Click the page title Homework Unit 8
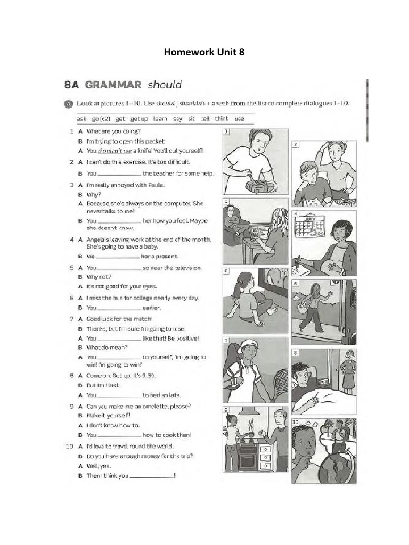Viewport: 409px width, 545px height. pyautogui.click(x=204, y=52)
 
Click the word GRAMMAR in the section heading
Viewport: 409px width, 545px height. pyautogui.click(x=113, y=84)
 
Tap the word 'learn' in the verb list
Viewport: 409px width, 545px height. pyautogui.click(x=160, y=119)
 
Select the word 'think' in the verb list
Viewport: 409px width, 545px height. pyautogui.click(x=222, y=119)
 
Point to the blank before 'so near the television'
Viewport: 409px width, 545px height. pyautogui.click(x=119, y=269)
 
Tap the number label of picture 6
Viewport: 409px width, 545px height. pyautogui.click(x=296, y=283)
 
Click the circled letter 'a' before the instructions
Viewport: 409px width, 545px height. pyautogui.click(x=68, y=103)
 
